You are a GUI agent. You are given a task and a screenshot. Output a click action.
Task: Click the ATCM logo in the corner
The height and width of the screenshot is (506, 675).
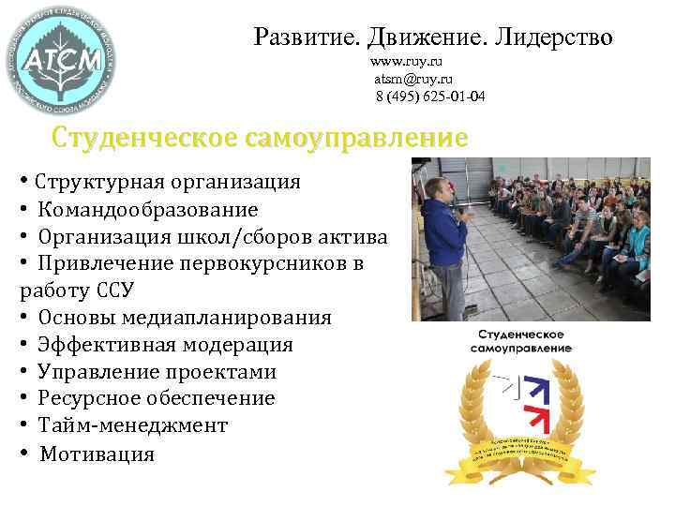tap(61, 64)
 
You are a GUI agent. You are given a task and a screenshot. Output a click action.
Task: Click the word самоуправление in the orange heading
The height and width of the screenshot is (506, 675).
tap(356, 139)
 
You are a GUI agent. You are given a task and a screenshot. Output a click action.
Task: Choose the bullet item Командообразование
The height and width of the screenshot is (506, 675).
tap(148, 209)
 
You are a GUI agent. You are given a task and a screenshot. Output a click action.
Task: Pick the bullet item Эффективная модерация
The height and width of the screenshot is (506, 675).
tap(165, 345)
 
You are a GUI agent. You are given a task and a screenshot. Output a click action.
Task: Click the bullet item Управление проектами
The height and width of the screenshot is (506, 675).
tap(157, 372)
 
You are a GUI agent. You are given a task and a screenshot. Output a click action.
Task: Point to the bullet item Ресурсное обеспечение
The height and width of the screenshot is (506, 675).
tap(157, 399)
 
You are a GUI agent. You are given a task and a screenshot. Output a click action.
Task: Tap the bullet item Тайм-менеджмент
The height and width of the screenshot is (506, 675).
tap(132, 426)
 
